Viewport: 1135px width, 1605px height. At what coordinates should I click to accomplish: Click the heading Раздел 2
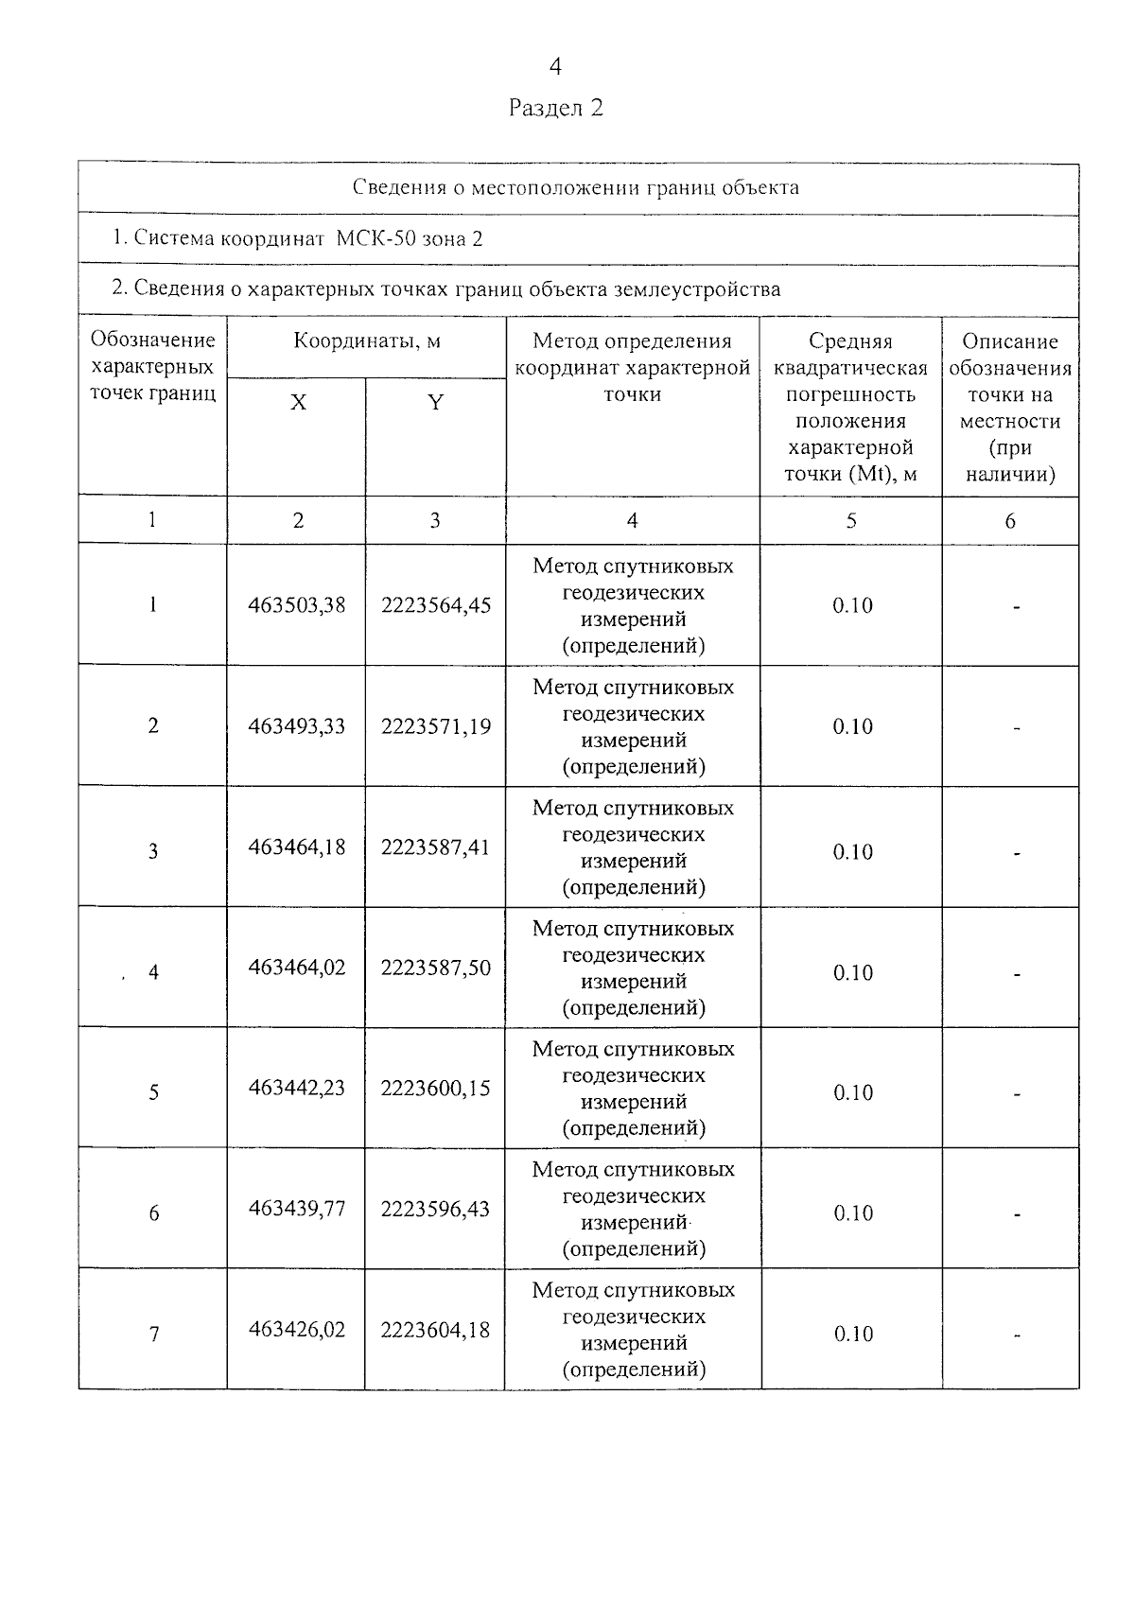(555, 108)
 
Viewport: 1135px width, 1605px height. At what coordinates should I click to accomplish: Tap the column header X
(298, 403)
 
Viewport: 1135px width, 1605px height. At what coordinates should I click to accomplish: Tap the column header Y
(435, 403)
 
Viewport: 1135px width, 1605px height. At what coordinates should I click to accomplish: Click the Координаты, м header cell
(367, 341)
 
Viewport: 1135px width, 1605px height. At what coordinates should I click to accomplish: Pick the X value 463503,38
(297, 605)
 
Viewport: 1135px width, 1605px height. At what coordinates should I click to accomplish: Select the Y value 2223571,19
(436, 726)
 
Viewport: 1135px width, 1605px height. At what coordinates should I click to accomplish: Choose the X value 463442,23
(297, 1089)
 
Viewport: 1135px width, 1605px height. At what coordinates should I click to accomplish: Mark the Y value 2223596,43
(436, 1209)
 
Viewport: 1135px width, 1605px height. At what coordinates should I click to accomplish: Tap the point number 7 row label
(153, 1335)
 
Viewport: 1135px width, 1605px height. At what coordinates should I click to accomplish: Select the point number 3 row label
(153, 851)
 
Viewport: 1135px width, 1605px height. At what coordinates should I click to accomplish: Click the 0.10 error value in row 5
(852, 1093)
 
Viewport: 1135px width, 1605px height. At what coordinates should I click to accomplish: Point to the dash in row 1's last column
(1017, 607)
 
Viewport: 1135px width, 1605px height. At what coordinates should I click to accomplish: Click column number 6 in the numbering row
(1010, 521)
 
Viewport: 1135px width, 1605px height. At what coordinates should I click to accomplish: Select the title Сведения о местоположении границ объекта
(576, 187)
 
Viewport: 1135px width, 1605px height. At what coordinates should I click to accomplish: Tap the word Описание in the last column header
(1010, 341)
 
